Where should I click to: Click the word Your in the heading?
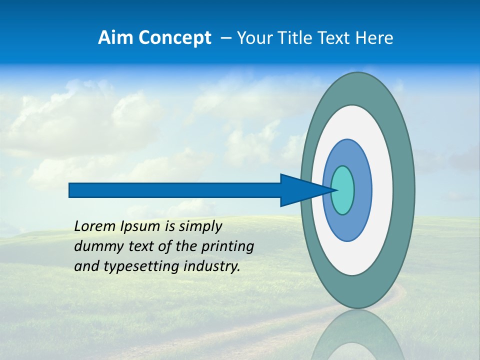point(252,38)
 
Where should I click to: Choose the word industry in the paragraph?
point(212,266)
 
